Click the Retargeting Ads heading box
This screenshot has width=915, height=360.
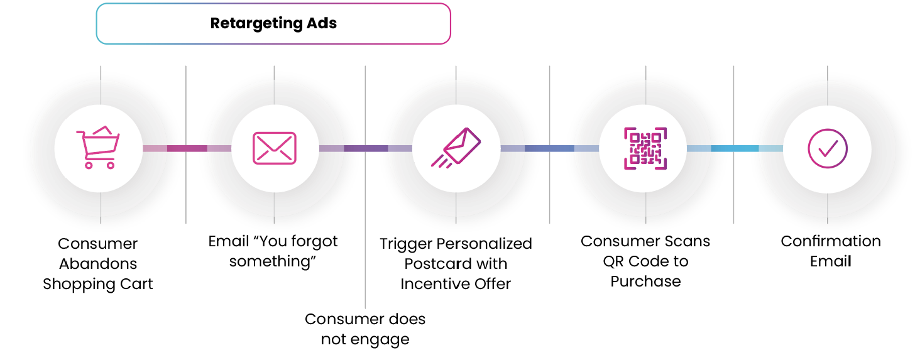(x=273, y=24)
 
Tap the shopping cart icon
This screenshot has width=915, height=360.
(x=97, y=148)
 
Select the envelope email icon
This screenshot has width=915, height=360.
(x=274, y=148)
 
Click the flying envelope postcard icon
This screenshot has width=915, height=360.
(x=456, y=148)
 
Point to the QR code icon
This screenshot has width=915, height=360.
(x=645, y=148)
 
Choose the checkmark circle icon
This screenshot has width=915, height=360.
(x=827, y=148)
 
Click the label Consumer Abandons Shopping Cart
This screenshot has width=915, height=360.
(x=98, y=264)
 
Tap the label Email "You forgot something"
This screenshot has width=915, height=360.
(x=273, y=251)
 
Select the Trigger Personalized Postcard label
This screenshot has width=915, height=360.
(x=456, y=264)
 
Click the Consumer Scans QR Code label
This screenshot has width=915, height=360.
(x=645, y=261)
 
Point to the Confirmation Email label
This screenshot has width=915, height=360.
(x=830, y=251)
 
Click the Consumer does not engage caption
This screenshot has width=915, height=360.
(x=365, y=329)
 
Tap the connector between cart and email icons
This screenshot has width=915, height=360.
(x=187, y=148)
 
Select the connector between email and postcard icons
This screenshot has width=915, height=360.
(x=365, y=148)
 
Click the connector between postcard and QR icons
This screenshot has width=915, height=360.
(x=549, y=148)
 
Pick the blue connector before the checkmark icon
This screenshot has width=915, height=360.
(x=734, y=148)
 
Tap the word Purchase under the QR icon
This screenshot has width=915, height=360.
(x=645, y=281)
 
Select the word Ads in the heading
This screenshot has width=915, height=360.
(x=322, y=24)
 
